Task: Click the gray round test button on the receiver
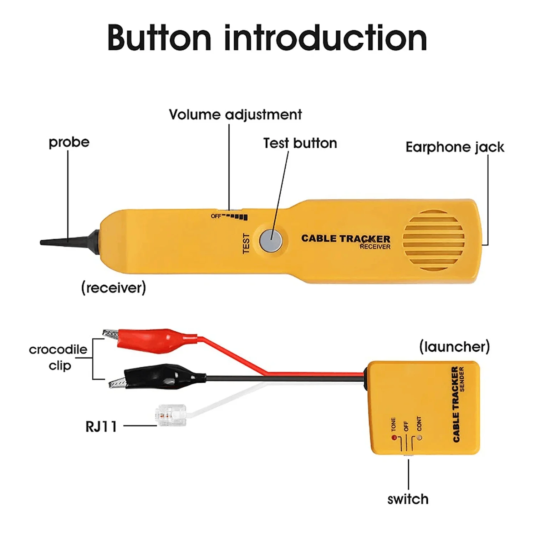pos(271,239)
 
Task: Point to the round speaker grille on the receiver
pos(433,239)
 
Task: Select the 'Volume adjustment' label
pos(235,115)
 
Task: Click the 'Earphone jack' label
pos(455,147)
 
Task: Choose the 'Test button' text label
pos(300,143)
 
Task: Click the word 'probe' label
pos(69,142)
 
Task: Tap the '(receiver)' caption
pos(113,287)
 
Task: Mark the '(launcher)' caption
pos(454,346)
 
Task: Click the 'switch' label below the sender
pos(408,499)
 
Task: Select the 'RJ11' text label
pos(101,427)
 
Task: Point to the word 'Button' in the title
pos(159,38)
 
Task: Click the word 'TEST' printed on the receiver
pos(246,244)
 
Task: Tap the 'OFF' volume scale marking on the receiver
pos(215,216)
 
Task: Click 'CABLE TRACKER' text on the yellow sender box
pos(455,405)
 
